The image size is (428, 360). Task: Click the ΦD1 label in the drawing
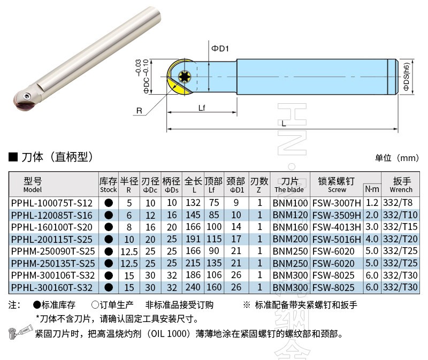click(x=220, y=48)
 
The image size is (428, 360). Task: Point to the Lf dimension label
click(x=202, y=108)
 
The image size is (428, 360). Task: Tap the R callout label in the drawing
click(x=139, y=111)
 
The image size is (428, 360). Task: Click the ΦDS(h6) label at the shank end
click(x=407, y=76)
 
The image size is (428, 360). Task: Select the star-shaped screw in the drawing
click(x=185, y=76)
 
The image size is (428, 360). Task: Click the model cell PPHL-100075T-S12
click(x=52, y=203)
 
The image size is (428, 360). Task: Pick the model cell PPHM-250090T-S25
click(x=53, y=251)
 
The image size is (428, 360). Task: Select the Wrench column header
click(x=401, y=185)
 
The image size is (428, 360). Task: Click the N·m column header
click(x=372, y=189)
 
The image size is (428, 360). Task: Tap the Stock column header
click(x=109, y=185)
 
